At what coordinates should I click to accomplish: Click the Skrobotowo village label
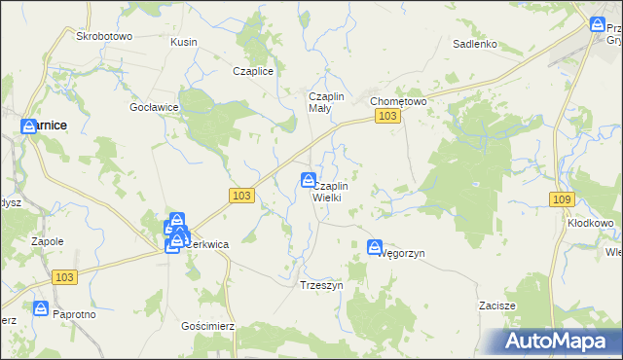(x=103, y=36)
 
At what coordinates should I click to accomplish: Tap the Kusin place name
(x=183, y=42)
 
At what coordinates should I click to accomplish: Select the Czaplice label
(x=252, y=71)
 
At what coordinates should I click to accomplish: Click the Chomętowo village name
(x=398, y=100)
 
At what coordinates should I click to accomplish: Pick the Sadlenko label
(x=475, y=44)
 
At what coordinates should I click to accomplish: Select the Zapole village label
(x=47, y=240)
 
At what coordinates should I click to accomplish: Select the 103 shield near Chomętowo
(x=387, y=117)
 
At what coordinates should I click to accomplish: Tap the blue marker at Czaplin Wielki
(x=309, y=179)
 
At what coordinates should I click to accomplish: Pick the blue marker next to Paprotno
(x=41, y=308)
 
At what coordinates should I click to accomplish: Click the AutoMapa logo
(x=558, y=342)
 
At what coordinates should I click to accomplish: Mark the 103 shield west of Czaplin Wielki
(x=243, y=196)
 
